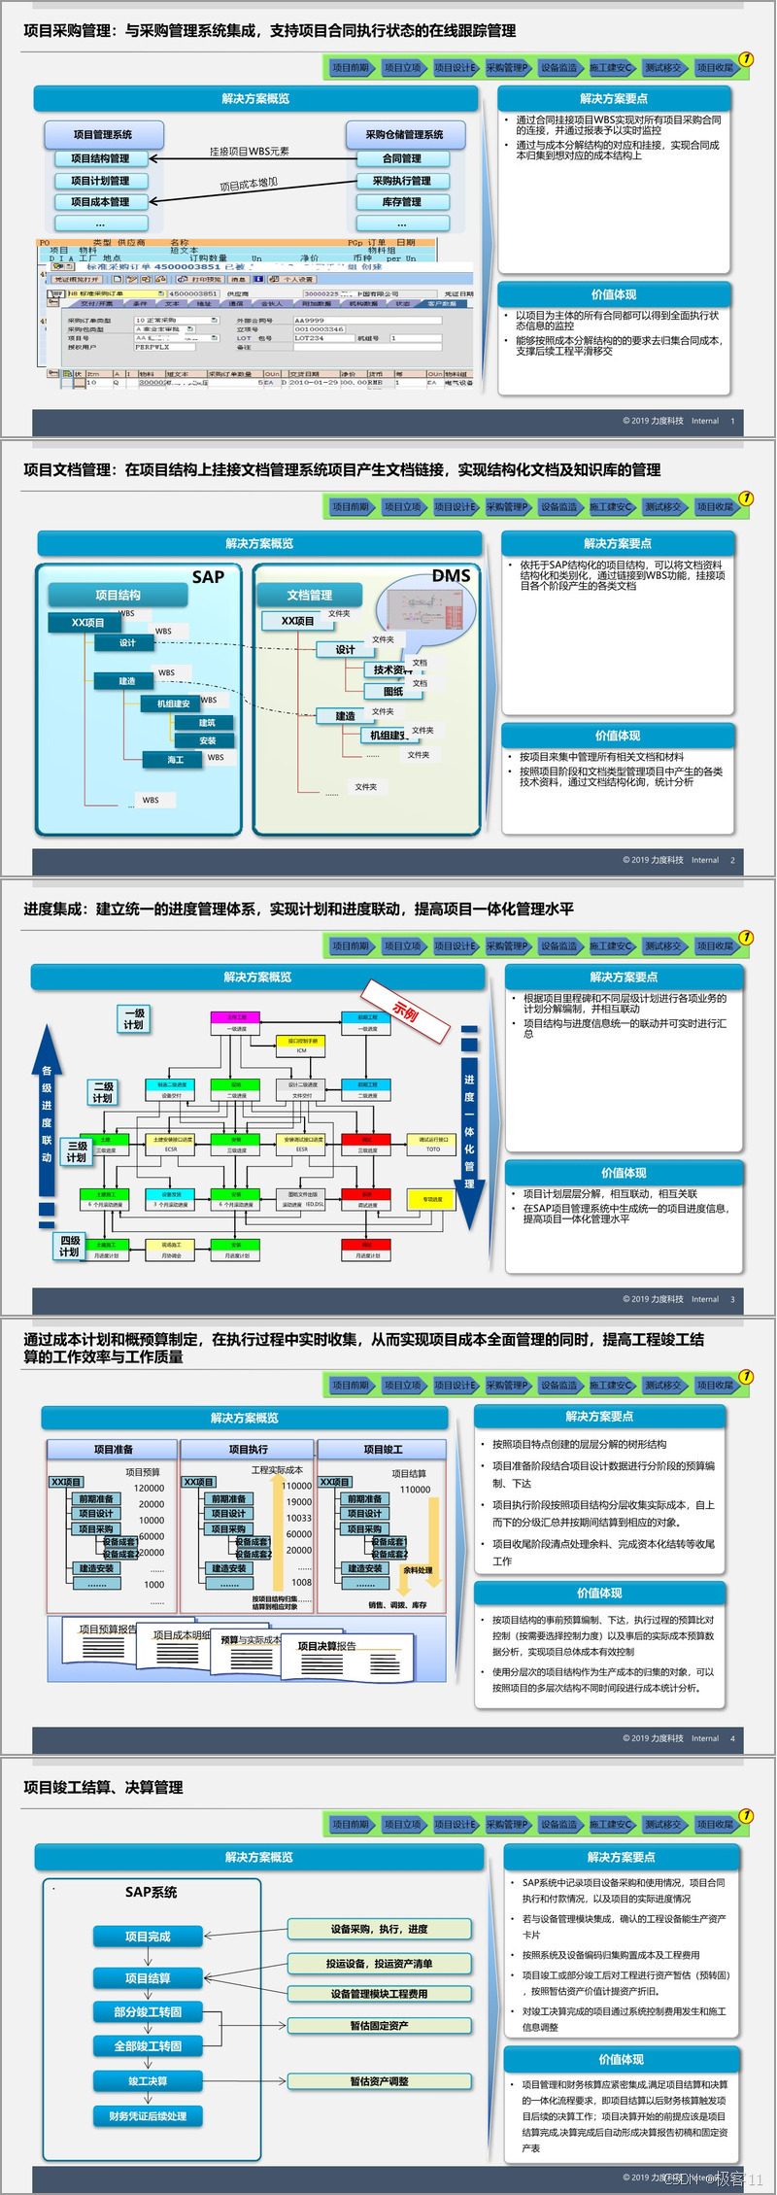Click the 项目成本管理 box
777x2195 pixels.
click(x=100, y=202)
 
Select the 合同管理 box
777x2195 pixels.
click(x=402, y=158)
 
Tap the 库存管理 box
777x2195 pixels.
click(x=402, y=202)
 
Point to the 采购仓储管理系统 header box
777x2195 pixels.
click(x=404, y=135)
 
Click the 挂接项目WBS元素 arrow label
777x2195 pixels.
click(x=250, y=152)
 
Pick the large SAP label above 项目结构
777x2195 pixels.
click(x=208, y=577)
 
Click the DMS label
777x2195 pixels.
click(x=451, y=576)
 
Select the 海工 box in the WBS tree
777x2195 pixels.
click(x=175, y=759)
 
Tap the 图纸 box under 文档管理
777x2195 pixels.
click(x=392, y=692)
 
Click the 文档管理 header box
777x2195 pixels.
click(x=310, y=595)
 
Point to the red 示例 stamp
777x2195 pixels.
click(x=406, y=1012)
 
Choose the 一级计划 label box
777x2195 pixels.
click(x=134, y=1018)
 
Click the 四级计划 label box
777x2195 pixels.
click(x=69, y=1246)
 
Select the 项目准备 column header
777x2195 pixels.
click(x=113, y=1449)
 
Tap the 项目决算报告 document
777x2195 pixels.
click(x=326, y=1646)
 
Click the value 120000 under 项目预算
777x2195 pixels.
click(x=149, y=1488)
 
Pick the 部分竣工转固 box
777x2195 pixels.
click(x=148, y=2011)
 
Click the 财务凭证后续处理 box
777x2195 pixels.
click(x=148, y=2116)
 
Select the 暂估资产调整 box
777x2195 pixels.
click(x=379, y=2081)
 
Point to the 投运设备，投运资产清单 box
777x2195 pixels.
click(x=379, y=1964)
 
